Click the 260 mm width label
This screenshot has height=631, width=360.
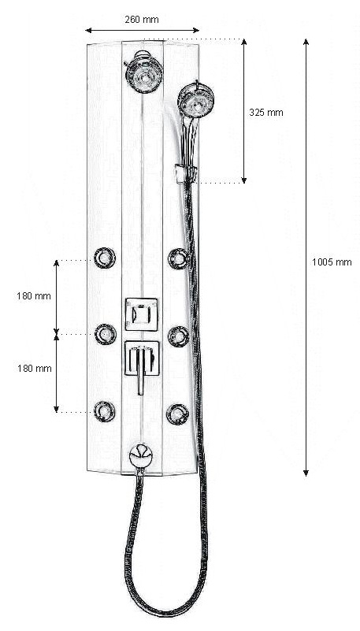pos(142,20)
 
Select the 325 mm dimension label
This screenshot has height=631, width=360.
pos(266,113)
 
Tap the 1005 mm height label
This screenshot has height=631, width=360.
pos(332,262)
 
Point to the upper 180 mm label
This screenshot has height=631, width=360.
pos(34,295)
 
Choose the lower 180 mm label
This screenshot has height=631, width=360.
pos(34,368)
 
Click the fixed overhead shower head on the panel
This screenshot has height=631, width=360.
pos(144,72)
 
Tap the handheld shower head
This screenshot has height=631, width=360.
pos(195,100)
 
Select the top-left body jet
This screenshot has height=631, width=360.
pos(105,258)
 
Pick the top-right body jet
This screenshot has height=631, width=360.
pos(179,258)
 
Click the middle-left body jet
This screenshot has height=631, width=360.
pos(106,334)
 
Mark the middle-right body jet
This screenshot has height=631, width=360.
pos(179,336)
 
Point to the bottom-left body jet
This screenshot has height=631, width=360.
pos(105,411)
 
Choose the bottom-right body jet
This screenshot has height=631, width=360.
pos(178,414)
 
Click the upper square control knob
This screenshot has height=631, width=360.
pos(142,314)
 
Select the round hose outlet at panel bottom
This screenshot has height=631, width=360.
pos(141,456)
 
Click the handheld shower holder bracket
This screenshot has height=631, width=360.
pos(185,173)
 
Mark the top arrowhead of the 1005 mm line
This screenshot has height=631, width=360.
pos(306,42)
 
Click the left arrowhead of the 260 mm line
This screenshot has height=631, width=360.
pos(88,30)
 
